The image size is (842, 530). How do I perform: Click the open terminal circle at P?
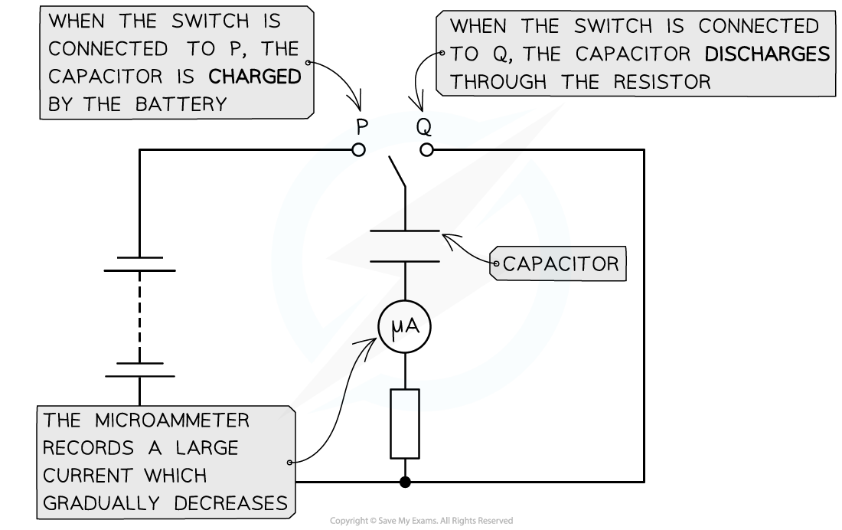359,149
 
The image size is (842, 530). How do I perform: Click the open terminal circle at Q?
426,149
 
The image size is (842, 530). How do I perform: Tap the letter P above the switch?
363,127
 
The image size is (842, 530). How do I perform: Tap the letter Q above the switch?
424,127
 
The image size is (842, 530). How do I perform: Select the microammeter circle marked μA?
405,327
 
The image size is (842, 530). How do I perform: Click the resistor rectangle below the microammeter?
405,424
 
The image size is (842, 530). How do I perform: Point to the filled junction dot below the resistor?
405,482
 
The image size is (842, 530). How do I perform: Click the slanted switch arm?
397,172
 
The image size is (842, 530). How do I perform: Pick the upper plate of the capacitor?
405,231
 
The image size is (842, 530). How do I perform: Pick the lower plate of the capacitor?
405,262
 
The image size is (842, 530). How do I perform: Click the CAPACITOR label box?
558,263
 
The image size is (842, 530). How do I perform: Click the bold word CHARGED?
255,77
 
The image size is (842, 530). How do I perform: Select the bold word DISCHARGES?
767,54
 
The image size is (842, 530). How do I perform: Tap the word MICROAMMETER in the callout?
171,420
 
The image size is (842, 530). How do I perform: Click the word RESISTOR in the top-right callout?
662,82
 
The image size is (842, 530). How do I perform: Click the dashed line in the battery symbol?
139,316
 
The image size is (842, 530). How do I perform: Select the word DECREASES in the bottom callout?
231,503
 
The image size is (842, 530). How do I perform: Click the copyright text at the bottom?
421,520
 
